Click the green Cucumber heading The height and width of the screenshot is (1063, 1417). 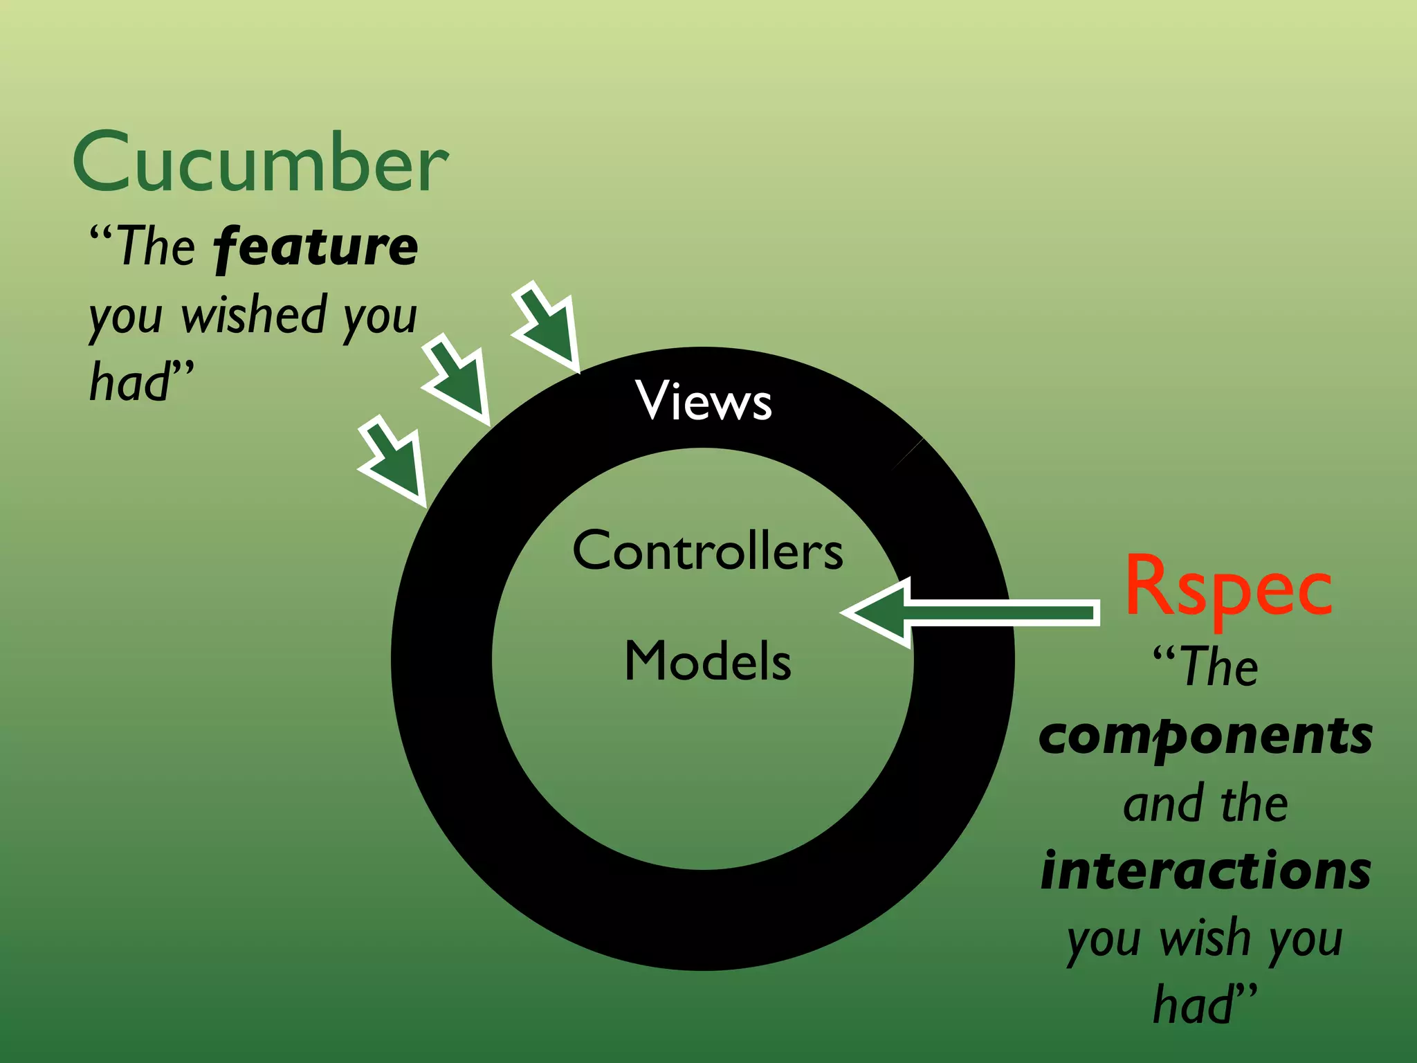coord(260,163)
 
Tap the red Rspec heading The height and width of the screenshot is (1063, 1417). coord(1228,587)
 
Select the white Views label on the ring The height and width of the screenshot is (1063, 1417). coord(704,401)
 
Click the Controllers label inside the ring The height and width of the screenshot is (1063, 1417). coord(708,551)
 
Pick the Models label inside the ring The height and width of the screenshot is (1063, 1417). coord(708,661)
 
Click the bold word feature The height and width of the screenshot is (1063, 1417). coord(316,248)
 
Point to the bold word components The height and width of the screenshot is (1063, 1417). coord(1205,738)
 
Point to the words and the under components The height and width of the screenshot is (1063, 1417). coord(1205,804)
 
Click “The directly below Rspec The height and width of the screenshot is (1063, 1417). coord(1205,666)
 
